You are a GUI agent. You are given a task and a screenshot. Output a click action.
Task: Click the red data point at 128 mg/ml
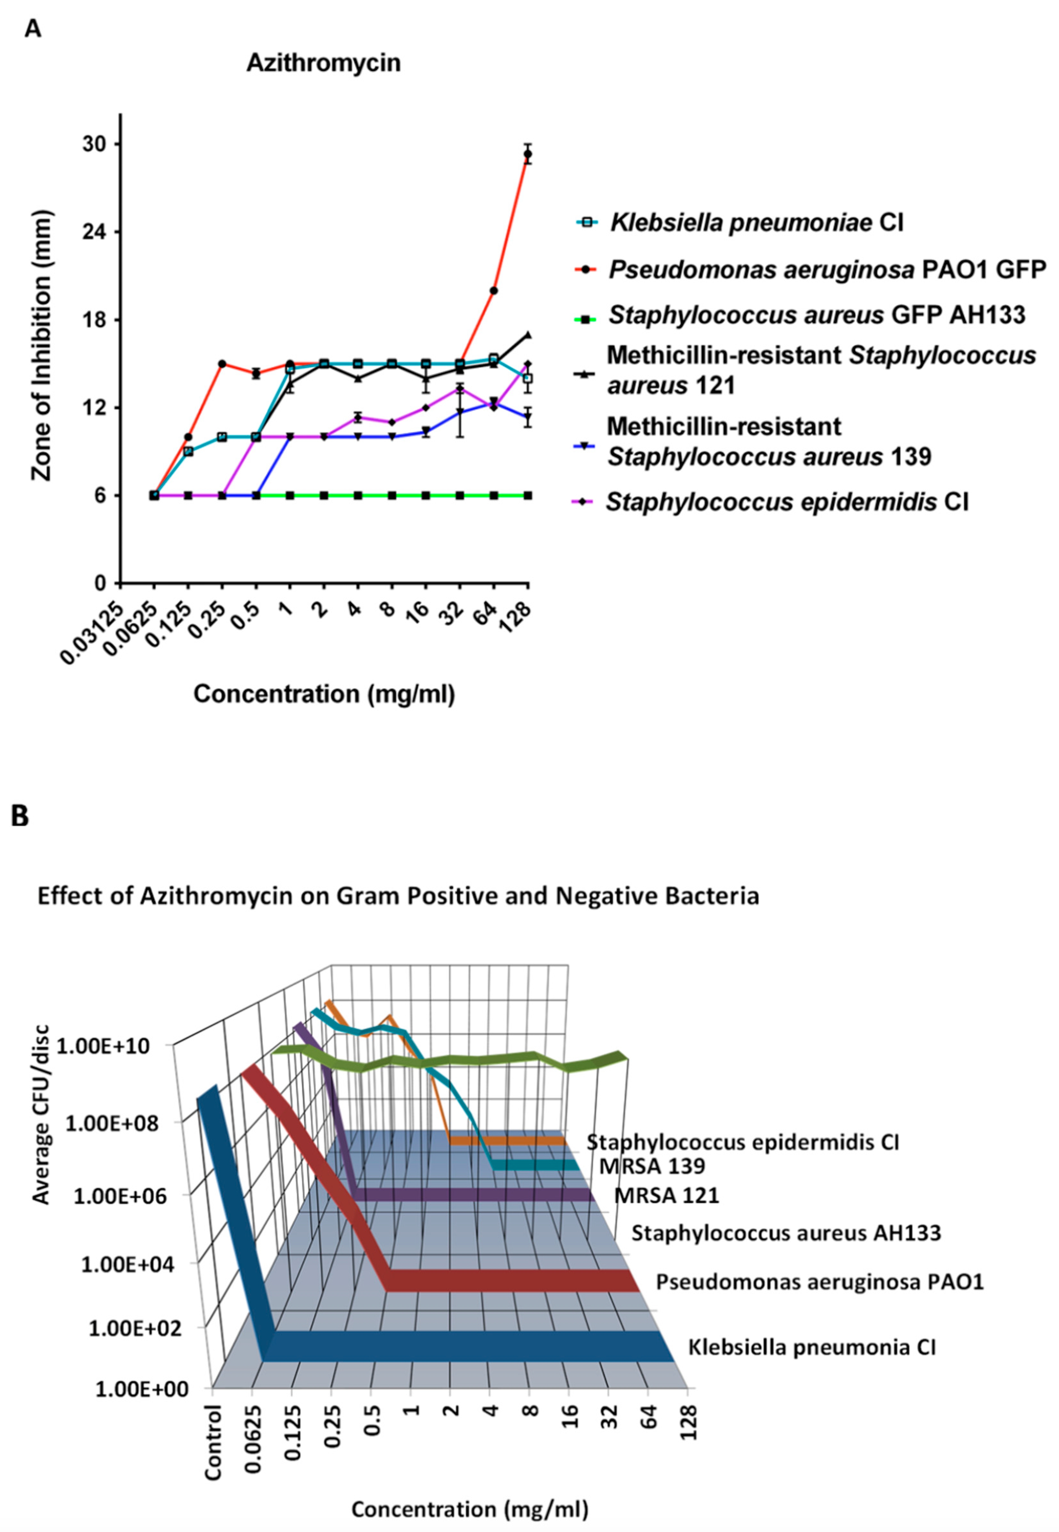[528, 154]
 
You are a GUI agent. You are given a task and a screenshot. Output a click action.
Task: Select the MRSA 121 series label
[666, 1195]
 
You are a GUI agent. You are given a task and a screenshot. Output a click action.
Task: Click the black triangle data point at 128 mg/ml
[528, 335]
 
